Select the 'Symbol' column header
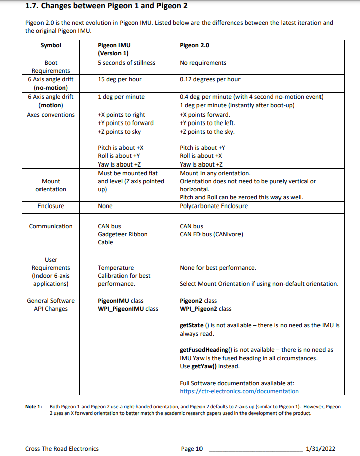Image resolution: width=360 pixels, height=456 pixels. (x=51, y=45)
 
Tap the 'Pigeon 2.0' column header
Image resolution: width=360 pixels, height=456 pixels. (x=194, y=45)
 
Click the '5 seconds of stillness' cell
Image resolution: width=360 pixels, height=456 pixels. (x=127, y=63)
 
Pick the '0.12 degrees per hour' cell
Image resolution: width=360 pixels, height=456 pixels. (x=210, y=79)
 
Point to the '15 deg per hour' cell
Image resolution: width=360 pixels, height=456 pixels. (x=119, y=79)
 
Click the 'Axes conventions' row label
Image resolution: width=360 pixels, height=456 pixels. (x=51, y=115)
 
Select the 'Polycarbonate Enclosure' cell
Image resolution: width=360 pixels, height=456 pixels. (x=214, y=206)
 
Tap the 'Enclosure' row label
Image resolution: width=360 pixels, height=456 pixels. (x=51, y=206)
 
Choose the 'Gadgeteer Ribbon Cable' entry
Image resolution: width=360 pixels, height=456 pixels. (x=123, y=238)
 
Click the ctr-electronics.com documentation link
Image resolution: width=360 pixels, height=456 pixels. (x=239, y=391)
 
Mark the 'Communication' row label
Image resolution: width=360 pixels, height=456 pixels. (x=51, y=226)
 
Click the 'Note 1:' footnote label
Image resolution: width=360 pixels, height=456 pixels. (x=33, y=407)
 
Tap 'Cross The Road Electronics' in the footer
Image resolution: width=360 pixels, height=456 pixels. (x=62, y=449)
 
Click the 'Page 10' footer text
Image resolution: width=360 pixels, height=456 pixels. (x=191, y=449)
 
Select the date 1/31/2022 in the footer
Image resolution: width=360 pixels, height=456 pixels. (x=321, y=449)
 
